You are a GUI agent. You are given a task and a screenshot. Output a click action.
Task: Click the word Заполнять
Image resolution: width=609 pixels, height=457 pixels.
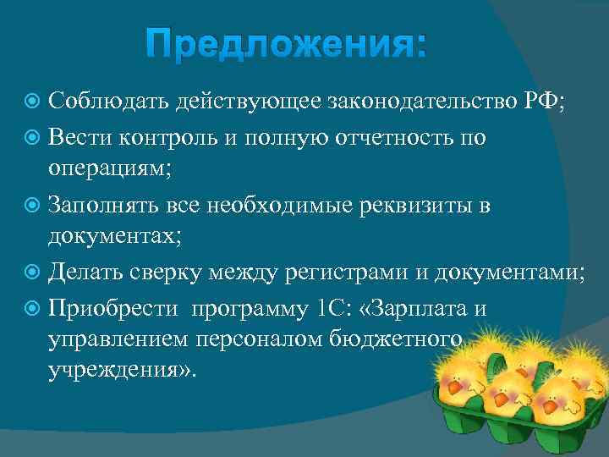click(x=107, y=205)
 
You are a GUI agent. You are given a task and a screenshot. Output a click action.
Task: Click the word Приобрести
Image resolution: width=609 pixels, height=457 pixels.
click(x=113, y=307)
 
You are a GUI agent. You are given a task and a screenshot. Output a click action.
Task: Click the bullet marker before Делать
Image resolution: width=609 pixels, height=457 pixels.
click(x=34, y=272)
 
